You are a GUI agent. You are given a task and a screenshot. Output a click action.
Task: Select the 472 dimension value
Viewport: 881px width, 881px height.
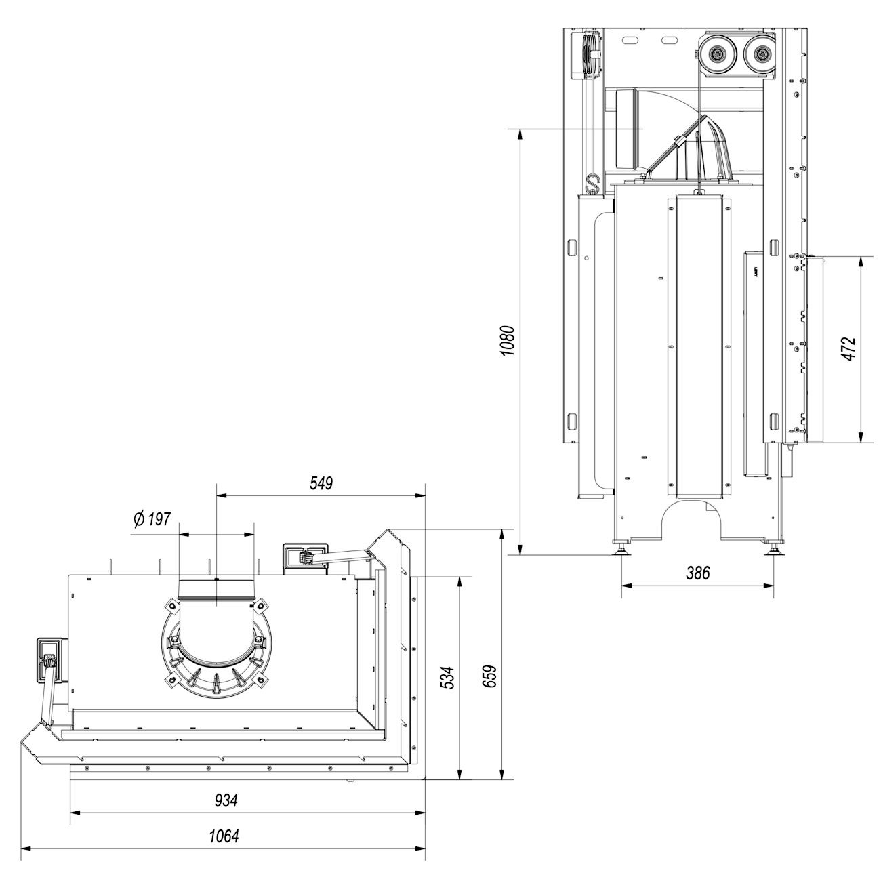(851, 350)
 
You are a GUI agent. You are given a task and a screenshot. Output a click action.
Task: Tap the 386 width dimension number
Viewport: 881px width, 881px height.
(697, 573)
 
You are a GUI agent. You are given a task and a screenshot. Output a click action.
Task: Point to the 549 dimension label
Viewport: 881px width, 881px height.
(321, 483)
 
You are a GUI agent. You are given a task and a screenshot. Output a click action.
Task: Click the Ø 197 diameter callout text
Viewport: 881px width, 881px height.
(152, 520)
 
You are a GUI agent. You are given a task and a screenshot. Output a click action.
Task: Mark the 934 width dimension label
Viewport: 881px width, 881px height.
(227, 800)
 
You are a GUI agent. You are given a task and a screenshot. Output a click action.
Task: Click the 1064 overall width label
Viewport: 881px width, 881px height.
(224, 836)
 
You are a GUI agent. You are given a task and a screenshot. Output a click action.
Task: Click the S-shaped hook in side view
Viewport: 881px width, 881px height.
(594, 183)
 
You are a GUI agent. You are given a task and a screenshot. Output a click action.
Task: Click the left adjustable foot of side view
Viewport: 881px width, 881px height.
(621, 547)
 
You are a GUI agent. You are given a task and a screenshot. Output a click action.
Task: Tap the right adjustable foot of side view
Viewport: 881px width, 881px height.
(774, 548)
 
